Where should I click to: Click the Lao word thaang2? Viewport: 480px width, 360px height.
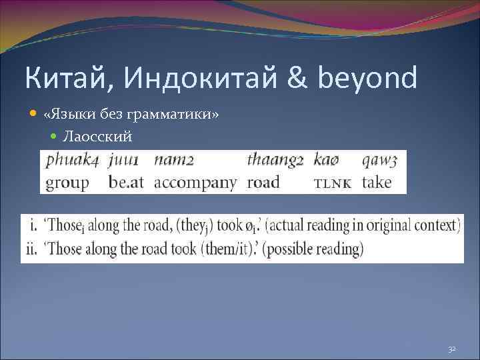275,161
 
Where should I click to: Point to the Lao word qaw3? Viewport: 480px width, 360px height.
380,161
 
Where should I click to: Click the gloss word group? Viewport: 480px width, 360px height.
67,183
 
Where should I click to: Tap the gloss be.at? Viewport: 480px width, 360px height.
125,182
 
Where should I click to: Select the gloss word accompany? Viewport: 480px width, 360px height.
195,183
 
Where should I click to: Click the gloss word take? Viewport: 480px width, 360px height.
377,182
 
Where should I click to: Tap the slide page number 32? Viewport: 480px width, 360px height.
451,349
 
